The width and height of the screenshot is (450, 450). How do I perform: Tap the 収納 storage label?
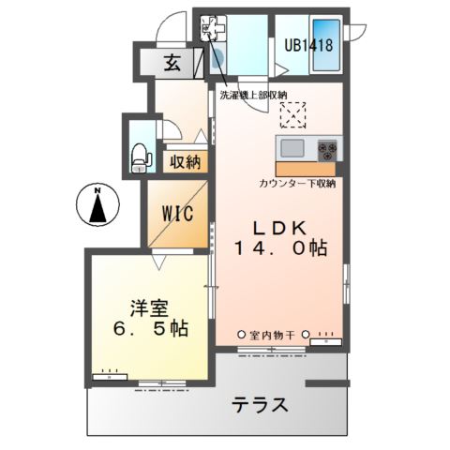click(185, 162)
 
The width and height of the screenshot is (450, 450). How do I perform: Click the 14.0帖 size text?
click(280, 249)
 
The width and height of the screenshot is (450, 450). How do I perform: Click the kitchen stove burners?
click(328, 148)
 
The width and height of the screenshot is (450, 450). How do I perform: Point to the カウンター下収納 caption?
click(298, 183)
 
